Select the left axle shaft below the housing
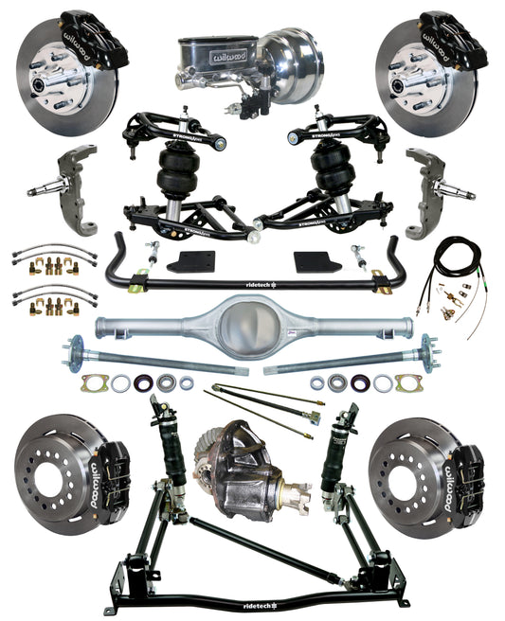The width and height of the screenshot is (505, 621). (x=152, y=359)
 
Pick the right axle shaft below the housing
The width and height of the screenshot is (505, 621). (x=351, y=359)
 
